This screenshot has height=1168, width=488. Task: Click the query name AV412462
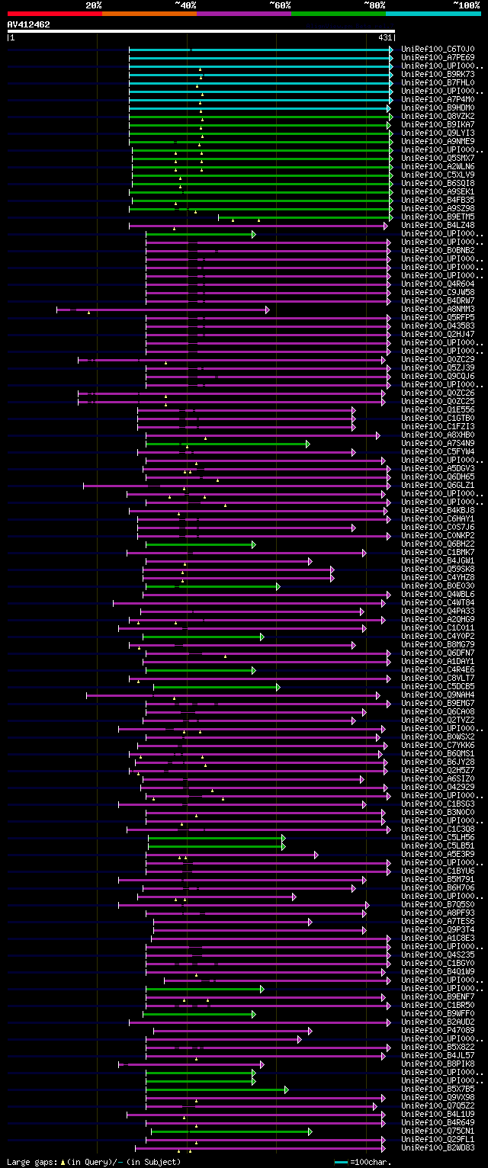pos(29,24)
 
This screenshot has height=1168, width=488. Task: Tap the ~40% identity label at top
pos(185,5)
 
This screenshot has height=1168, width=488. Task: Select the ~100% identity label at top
pos(467,5)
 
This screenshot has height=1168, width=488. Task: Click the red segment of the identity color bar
pos(54,14)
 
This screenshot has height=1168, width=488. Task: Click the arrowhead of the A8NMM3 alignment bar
pos(267,310)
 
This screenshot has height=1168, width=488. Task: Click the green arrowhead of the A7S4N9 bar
pos(308,444)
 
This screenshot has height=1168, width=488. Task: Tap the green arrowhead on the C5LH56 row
pos(283,838)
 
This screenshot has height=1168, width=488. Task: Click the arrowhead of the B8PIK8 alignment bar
pos(262,1064)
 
